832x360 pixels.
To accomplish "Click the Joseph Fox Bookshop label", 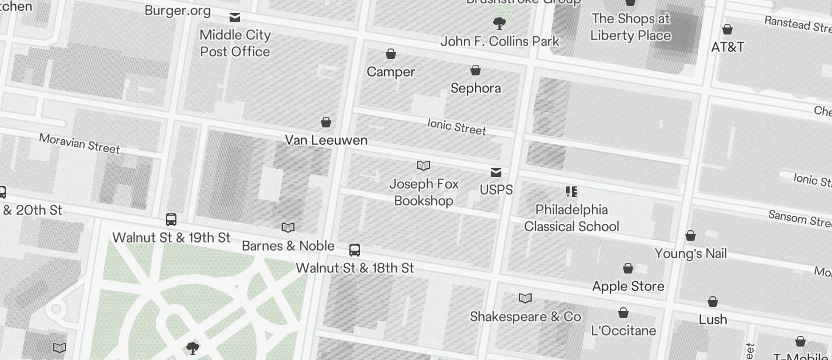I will (x=424, y=192).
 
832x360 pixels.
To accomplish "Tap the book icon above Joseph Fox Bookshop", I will (x=424, y=166).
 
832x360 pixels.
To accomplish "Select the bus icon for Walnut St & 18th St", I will (x=355, y=250).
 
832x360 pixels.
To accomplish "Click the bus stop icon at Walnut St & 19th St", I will (x=171, y=220).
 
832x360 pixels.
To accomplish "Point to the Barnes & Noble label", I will (x=288, y=246).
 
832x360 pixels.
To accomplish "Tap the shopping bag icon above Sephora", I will (x=476, y=71).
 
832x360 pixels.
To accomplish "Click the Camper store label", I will (x=391, y=72).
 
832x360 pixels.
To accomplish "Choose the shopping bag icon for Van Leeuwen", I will (x=326, y=122).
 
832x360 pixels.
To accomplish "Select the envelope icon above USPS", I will (x=496, y=172).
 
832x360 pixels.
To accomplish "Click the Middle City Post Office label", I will (x=235, y=43).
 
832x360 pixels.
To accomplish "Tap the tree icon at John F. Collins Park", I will (x=499, y=23).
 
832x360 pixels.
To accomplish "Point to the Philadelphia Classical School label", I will (x=571, y=218).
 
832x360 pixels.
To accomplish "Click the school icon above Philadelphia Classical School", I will (x=571, y=192).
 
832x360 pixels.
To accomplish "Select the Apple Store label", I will (x=628, y=286).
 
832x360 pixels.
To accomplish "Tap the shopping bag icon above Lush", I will (x=713, y=302).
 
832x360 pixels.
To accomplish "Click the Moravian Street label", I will (x=79, y=143).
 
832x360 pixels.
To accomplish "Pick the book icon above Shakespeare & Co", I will (x=525, y=299).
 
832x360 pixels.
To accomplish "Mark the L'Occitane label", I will (x=623, y=331).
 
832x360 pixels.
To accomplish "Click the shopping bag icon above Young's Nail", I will (x=691, y=236).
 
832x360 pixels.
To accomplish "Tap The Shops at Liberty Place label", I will (x=630, y=27).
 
